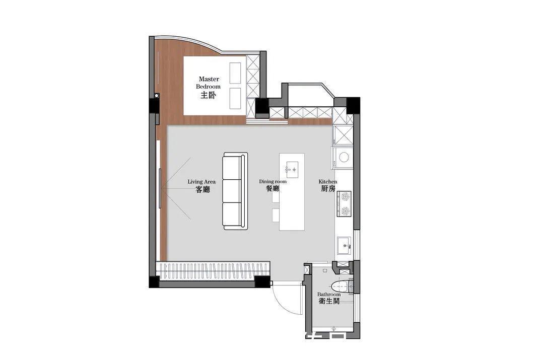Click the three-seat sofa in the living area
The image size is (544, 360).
pyautogui.click(x=235, y=191)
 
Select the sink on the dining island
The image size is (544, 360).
pyautogui.click(x=292, y=169)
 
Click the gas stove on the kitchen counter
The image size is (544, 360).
pyautogui.click(x=344, y=203)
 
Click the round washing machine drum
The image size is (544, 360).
pyautogui.click(x=344, y=157)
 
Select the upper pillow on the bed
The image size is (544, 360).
pyautogui.click(x=235, y=73)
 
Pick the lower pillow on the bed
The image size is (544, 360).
pyautogui.click(x=235, y=98)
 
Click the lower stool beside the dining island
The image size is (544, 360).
pyautogui.click(x=276, y=214)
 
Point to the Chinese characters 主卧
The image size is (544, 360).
pyautogui.click(x=208, y=95)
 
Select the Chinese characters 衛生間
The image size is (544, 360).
pyautogui.click(x=329, y=302)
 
